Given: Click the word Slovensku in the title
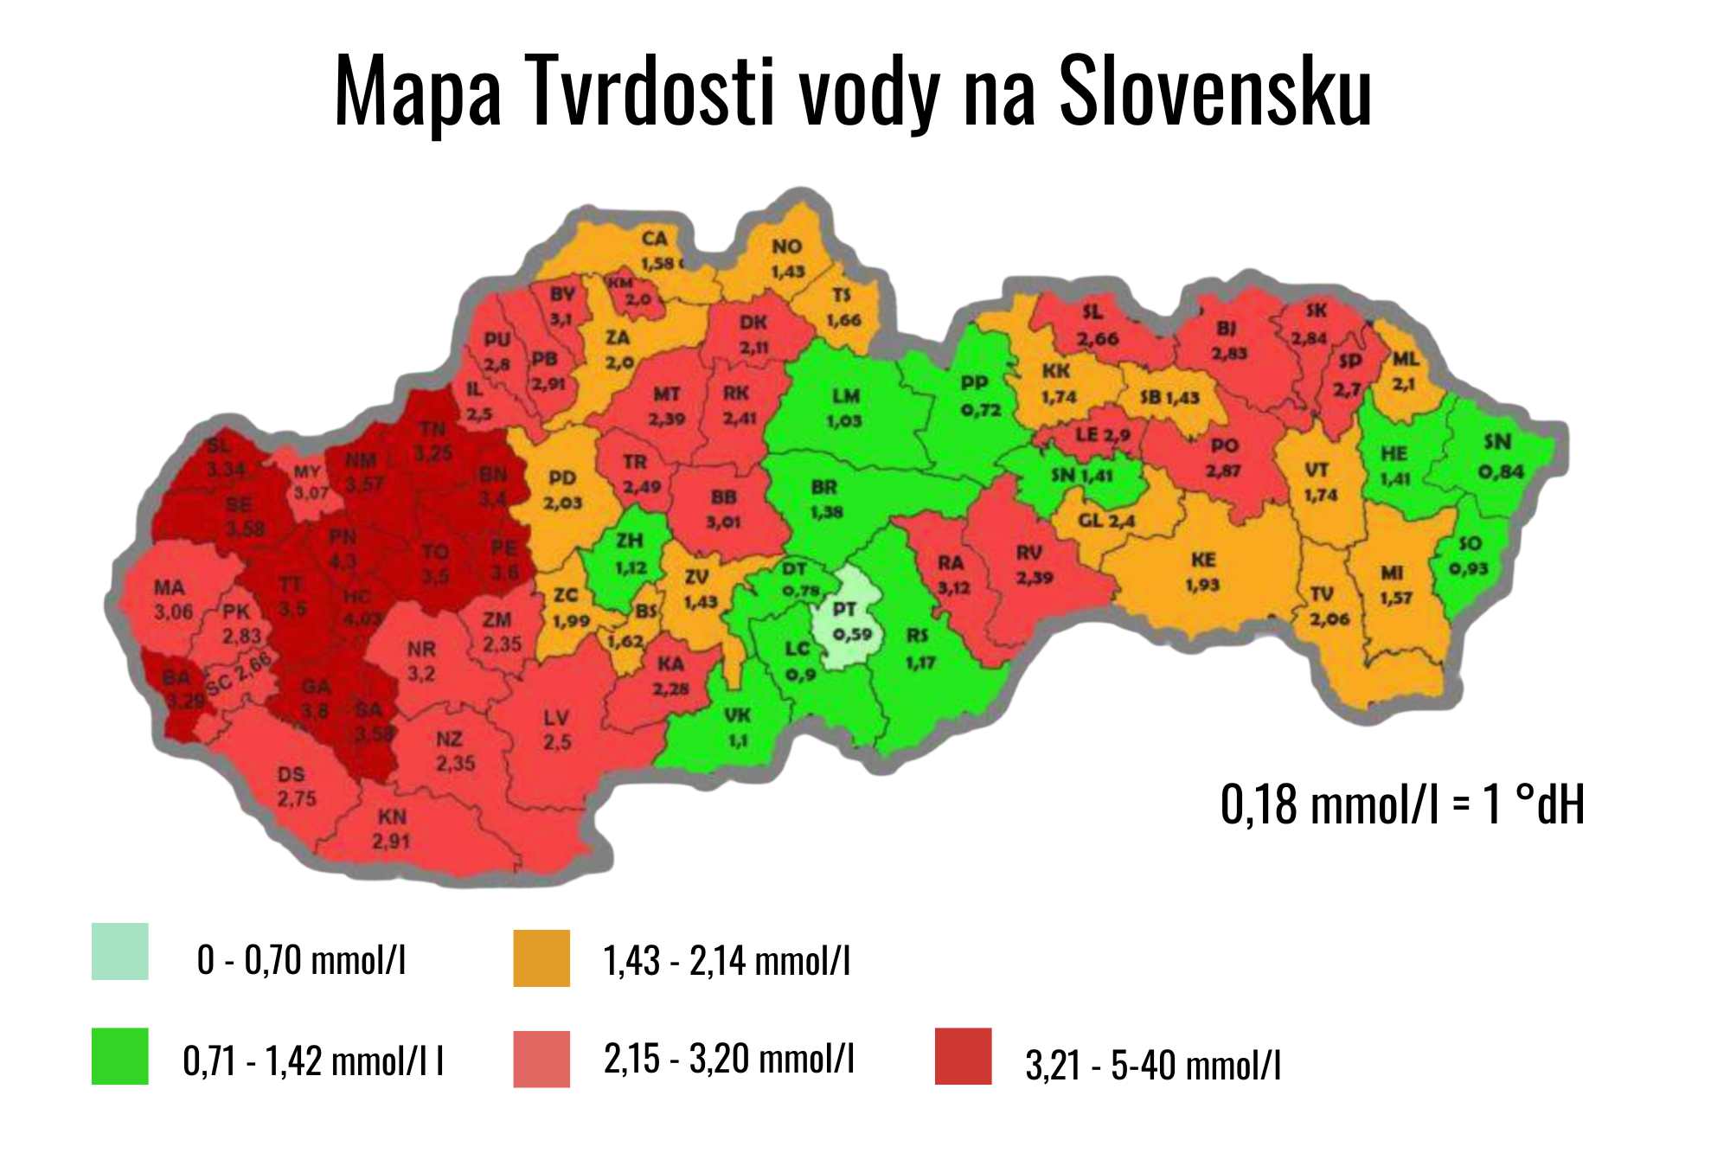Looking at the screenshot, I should (1214, 91).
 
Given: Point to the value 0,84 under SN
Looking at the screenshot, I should (1500, 472).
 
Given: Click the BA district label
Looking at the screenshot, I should (176, 677).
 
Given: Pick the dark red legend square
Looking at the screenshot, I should (963, 1055).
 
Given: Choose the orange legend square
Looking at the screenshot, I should (541, 958).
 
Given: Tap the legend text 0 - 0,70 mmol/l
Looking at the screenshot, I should (301, 959).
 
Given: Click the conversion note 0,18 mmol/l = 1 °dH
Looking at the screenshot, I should (1402, 804).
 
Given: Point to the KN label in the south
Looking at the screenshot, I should (392, 817).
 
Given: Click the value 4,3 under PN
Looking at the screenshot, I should (343, 561).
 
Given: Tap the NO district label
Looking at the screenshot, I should (787, 247).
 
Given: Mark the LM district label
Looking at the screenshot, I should (846, 396).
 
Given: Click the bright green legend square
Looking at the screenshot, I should (119, 1055).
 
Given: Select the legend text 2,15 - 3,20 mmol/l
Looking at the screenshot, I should (728, 1058).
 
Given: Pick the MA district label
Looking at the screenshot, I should (170, 588).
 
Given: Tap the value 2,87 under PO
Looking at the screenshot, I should (1223, 471).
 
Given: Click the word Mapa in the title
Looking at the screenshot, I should (417, 91).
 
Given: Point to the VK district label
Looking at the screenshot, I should (737, 715).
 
